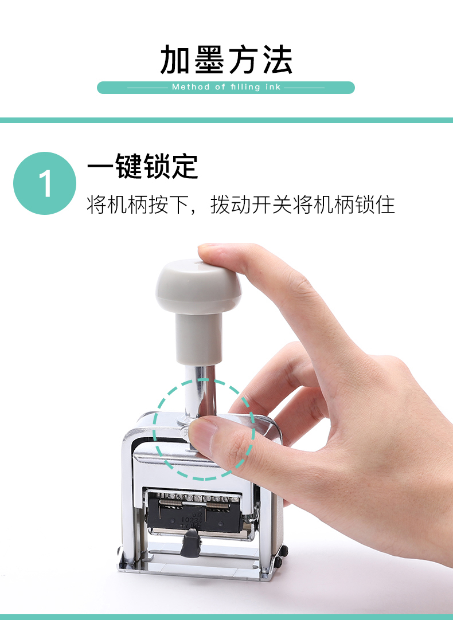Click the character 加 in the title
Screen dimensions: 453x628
[175, 60]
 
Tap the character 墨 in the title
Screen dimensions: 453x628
[209, 60]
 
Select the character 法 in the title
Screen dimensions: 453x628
[278, 60]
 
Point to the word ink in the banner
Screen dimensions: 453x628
[273, 87]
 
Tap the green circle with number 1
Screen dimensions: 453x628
[45, 183]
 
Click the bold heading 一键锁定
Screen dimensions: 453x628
[143, 166]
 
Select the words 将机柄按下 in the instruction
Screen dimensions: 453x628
[138, 205]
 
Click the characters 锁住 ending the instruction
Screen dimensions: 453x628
[375, 205]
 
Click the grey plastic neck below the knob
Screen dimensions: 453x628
[199, 339]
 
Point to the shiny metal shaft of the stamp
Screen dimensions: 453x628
[200, 391]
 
